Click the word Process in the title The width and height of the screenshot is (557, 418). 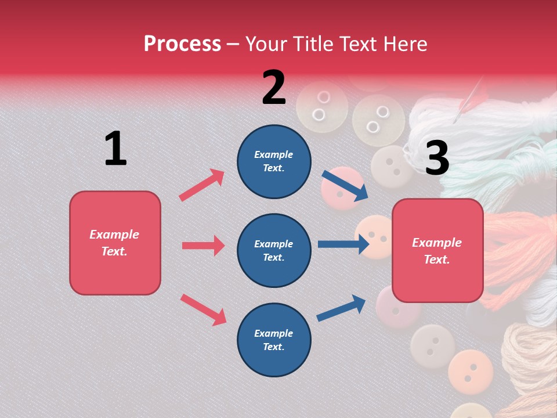pos(182,44)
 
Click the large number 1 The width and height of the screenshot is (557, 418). pos(115,149)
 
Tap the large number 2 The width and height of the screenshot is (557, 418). pos(274,87)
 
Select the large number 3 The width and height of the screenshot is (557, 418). pos(437,158)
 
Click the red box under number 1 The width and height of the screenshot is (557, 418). pos(115,243)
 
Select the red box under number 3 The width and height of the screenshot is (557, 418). pos(437,251)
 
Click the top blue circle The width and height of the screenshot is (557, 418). pos(274,161)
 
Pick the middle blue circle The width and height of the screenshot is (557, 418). pos(274,250)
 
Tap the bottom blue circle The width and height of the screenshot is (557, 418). pos(274,340)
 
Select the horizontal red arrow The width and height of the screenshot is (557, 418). pos(203,246)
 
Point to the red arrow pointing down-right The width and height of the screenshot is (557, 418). pos(203,309)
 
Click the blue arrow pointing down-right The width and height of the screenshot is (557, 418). pos(345,185)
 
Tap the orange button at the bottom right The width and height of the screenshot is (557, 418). pos(470,370)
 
